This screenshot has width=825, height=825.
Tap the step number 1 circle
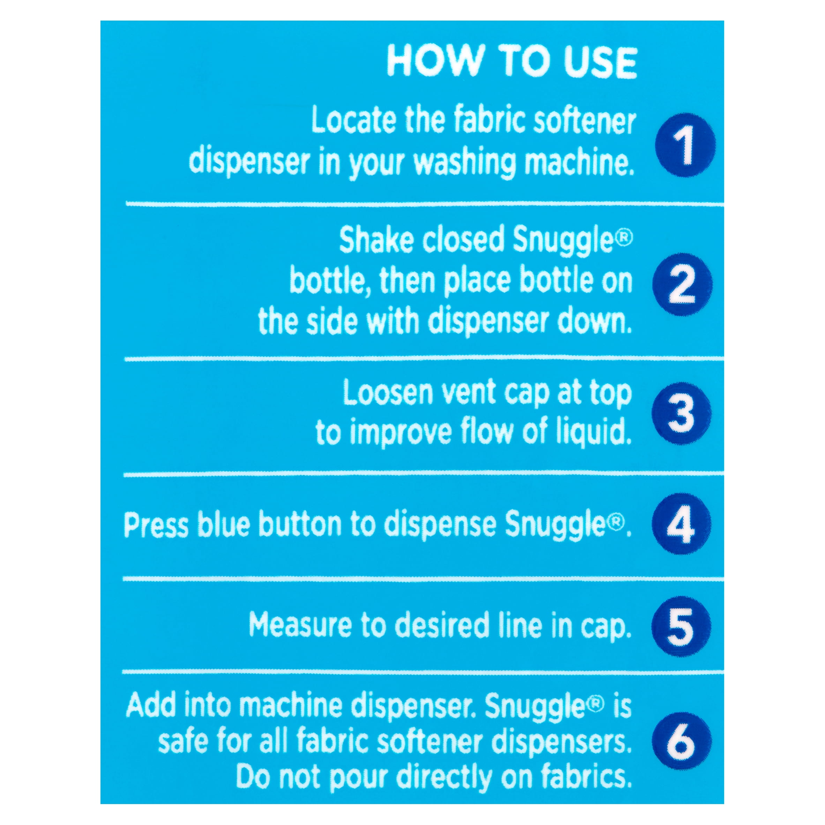pyautogui.click(x=685, y=145)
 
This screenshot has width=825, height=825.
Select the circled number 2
pyautogui.click(x=683, y=284)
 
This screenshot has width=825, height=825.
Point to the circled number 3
pyautogui.click(x=682, y=413)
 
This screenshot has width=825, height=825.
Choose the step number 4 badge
pyautogui.click(x=681, y=524)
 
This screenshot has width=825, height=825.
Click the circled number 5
pyautogui.click(x=681, y=627)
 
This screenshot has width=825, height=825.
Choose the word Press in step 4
pyautogui.click(x=156, y=524)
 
